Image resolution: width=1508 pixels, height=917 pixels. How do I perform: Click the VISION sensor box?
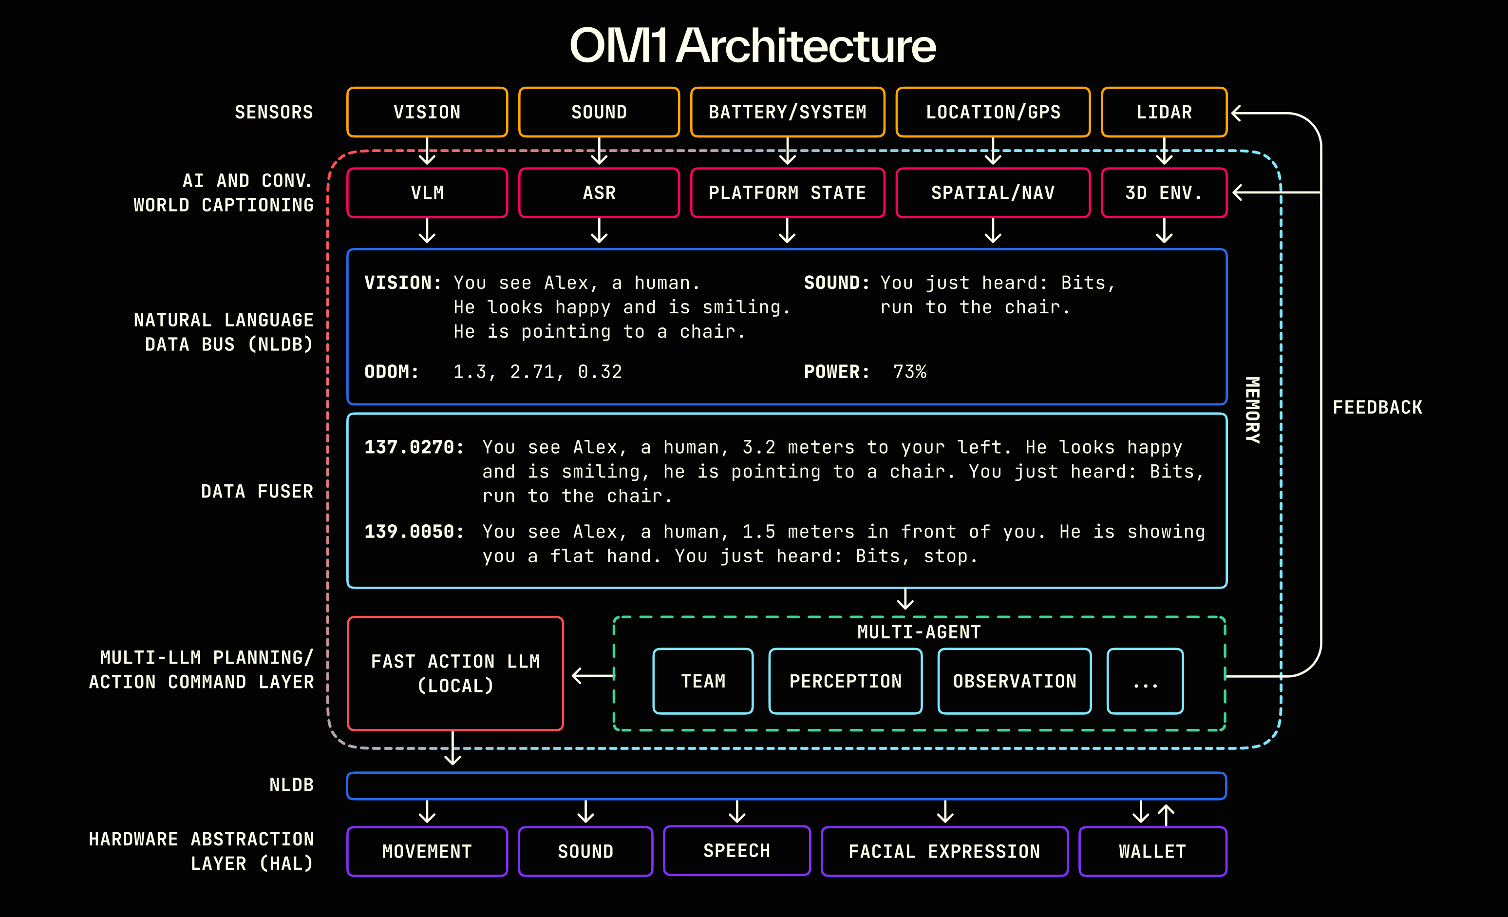[x=427, y=112]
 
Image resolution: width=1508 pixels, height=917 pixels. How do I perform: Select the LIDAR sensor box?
[x=1164, y=112]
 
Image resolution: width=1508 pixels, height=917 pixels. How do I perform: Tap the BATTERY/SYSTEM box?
[x=787, y=112]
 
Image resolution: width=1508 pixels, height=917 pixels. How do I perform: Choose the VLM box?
[x=427, y=193]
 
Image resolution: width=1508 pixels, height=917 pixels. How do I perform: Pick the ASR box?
[x=599, y=193]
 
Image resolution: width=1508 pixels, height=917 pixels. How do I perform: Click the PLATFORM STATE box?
[x=787, y=193]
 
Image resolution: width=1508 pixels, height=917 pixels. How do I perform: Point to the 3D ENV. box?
[x=1164, y=193]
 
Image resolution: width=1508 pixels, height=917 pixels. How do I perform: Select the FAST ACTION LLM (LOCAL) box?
[x=455, y=673]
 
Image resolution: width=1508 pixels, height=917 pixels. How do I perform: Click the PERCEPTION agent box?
[x=845, y=681]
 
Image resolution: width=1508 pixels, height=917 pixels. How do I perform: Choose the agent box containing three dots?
[x=1145, y=681]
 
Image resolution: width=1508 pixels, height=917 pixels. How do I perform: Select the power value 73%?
[x=909, y=372]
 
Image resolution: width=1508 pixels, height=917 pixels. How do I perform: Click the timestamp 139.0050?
[x=414, y=532]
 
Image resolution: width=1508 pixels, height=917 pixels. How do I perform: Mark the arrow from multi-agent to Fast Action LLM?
[x=592, y=675]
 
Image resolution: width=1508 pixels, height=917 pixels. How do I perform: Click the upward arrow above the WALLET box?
[x=1166, y=814]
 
